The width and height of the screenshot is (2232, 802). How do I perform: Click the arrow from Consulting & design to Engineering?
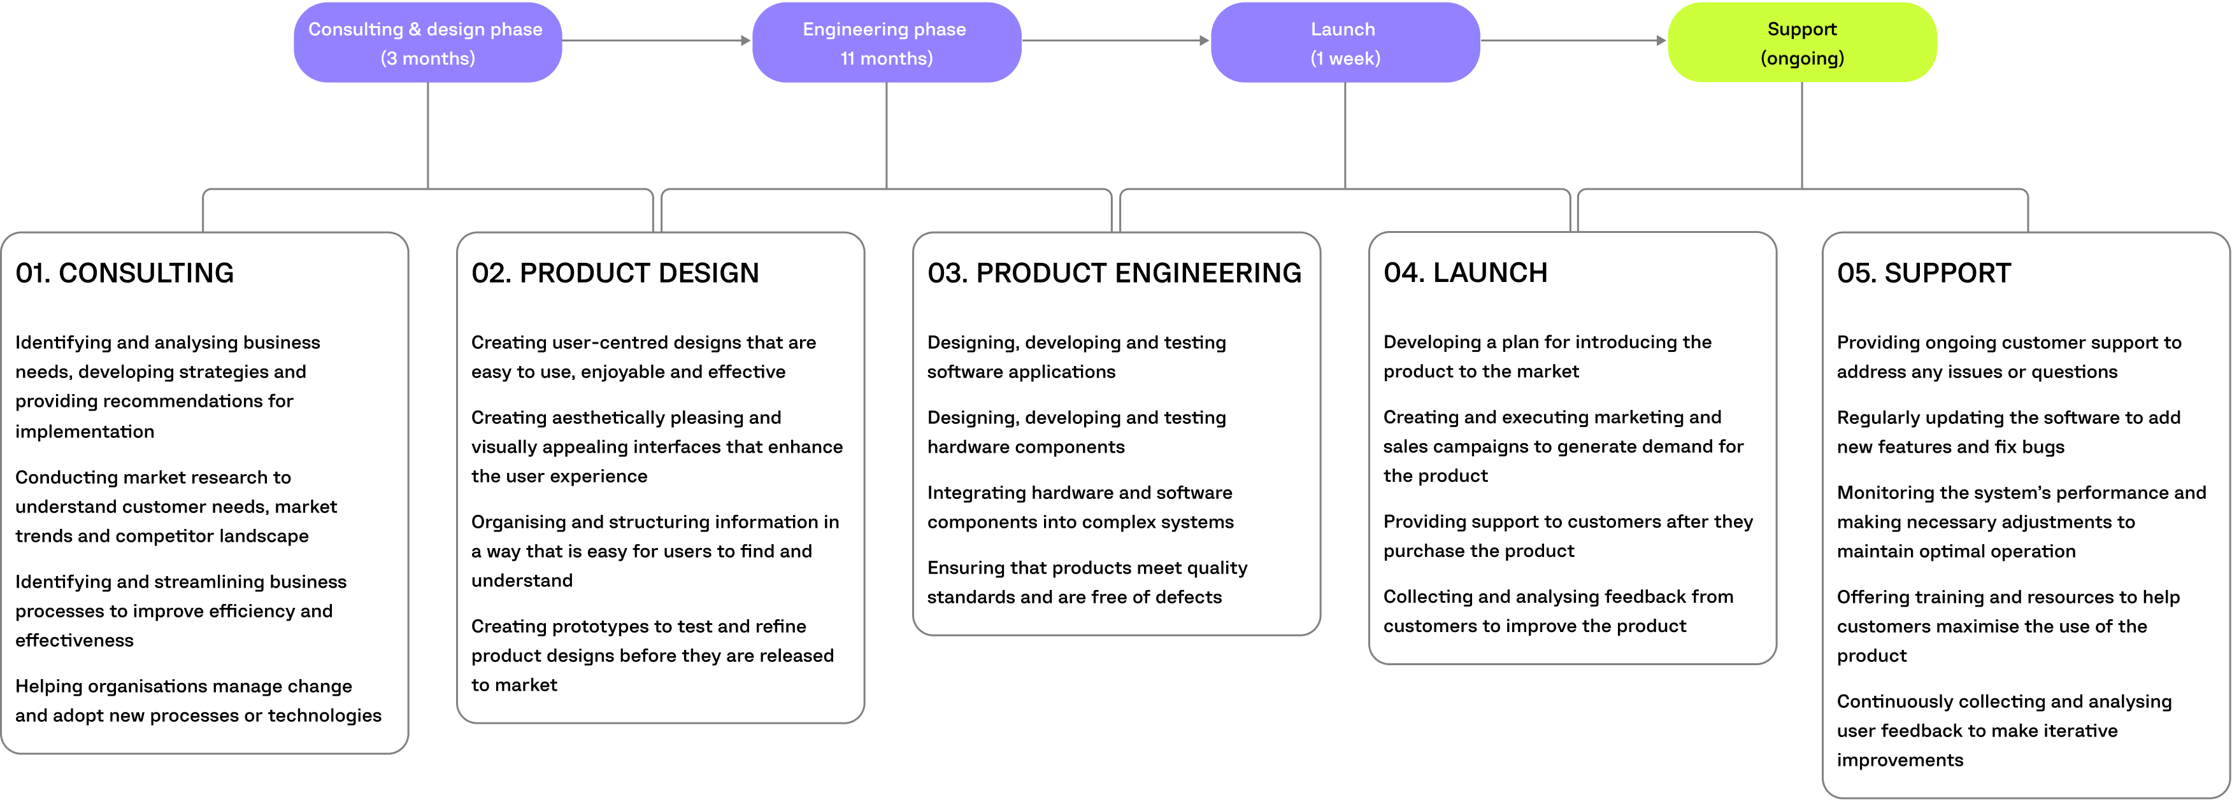656,41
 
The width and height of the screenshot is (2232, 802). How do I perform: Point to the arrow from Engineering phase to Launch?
1115,41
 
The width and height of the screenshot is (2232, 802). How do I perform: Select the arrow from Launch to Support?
1573,41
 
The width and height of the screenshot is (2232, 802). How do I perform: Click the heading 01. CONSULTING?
125,273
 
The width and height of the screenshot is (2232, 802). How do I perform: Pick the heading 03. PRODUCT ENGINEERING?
1113,273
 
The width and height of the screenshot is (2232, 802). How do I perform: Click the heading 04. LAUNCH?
1464,273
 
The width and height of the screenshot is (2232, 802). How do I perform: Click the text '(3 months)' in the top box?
427,59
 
